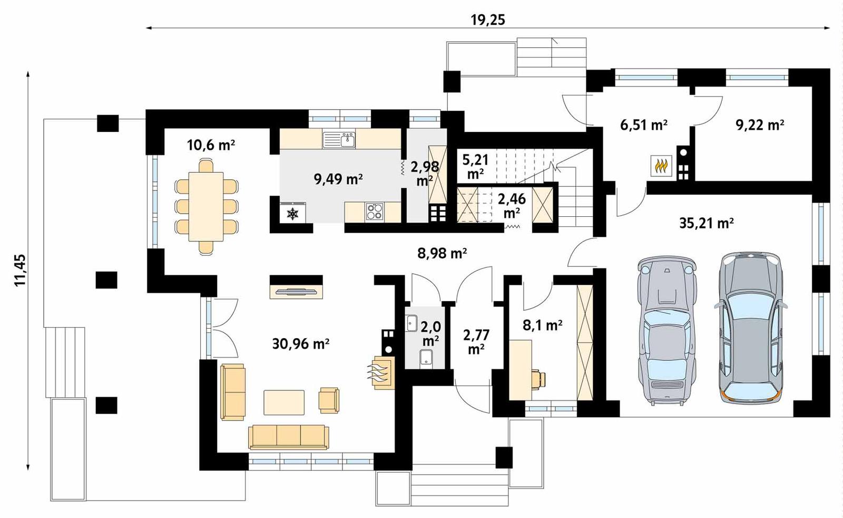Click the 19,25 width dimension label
click(487, 20)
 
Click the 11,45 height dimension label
click(21, 270)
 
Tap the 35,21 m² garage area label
click(707, 223)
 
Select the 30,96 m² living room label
click(301, 344)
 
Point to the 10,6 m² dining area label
click(211, 145)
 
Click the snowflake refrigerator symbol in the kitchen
click(292, 213)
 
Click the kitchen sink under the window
click(340, 140)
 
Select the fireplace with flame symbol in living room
click(382, 372)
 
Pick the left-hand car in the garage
click(666, 331)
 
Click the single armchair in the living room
click(329, 399)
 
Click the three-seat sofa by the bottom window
click(288, 437)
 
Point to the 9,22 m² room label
click(759, 125)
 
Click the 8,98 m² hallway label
click(442, 254)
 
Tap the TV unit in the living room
click(297, 291)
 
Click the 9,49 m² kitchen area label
click(338, 179)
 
